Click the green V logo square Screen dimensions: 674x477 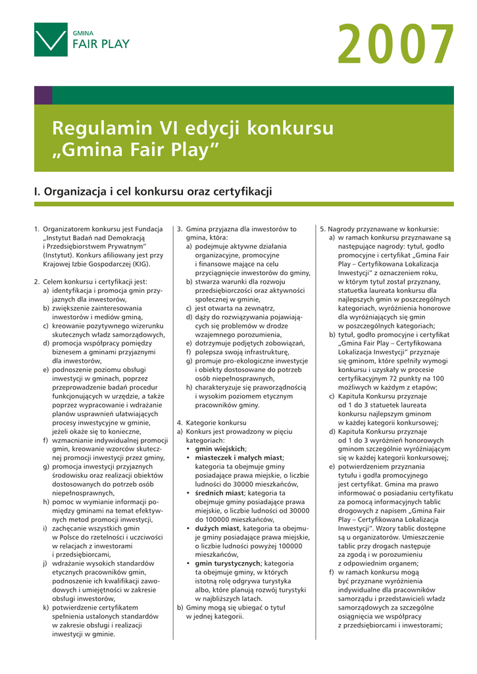[51, 39]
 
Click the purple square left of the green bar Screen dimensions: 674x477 [43, 95]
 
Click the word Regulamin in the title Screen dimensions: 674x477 [102, 128]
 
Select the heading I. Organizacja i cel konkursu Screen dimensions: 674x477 [153, 192]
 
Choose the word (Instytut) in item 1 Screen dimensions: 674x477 [59, 255]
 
